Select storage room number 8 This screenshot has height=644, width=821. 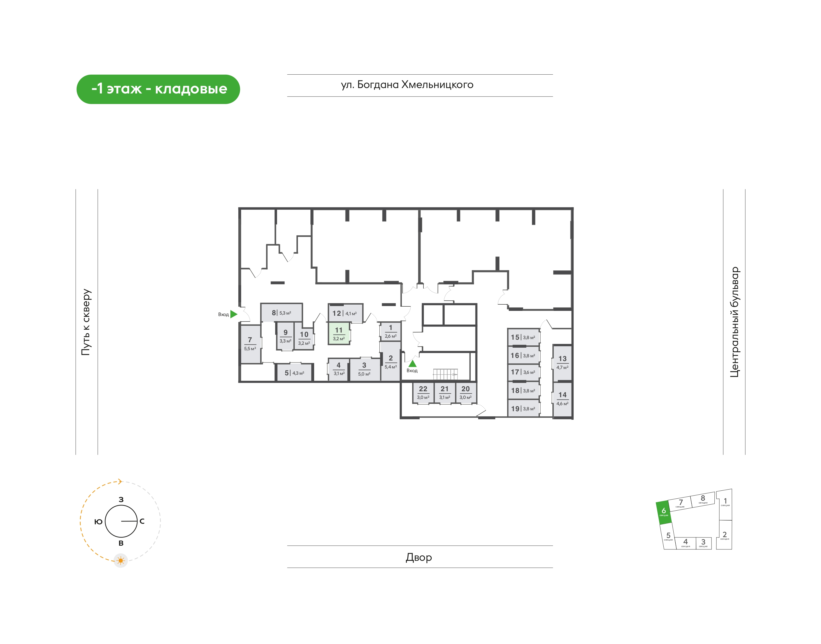click(x=281, y=313)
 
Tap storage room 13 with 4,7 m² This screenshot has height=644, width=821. click(x=562, y=363)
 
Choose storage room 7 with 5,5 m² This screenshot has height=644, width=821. click(x=250, y=344)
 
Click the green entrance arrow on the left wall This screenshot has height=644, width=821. click(x=233, y=314)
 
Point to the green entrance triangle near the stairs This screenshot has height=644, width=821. click(x=412, y=364)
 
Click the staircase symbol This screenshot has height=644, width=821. click(x=445, y=374)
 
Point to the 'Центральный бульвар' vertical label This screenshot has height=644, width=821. click(x=735, y=322)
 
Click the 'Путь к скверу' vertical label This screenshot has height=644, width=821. click(x=86, y=322)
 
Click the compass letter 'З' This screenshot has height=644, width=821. click(x=121, y=500)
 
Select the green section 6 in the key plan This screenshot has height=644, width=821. click(x=664, y=513)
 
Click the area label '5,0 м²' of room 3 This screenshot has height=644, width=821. click(x=364, y=374)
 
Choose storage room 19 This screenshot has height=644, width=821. click(x=523, y=408)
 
